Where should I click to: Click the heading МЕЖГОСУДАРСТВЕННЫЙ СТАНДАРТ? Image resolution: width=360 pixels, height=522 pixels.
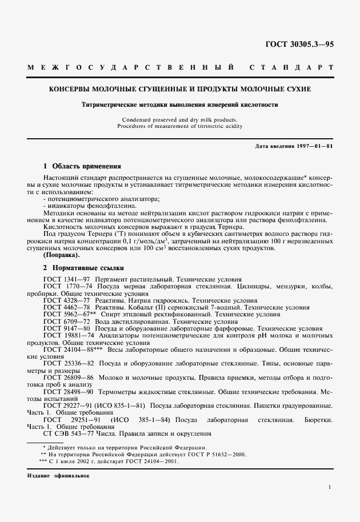pyautogui.click(x=180, y=68)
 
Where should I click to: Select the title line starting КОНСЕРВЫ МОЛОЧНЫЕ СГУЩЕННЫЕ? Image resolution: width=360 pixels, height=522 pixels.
pyautogui.click(x=180, y=90)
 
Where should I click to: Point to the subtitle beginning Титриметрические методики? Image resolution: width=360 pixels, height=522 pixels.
pyautogui.click(x=180, y=105)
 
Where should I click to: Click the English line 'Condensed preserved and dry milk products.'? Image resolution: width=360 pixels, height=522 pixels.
pyautogui.click(x=180, y=120)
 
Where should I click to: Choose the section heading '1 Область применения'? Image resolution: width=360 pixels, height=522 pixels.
pyautogui.click(x=82, y=166)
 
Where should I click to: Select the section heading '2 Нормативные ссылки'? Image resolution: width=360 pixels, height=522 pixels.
pyautogui.click(x=83, y=267)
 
